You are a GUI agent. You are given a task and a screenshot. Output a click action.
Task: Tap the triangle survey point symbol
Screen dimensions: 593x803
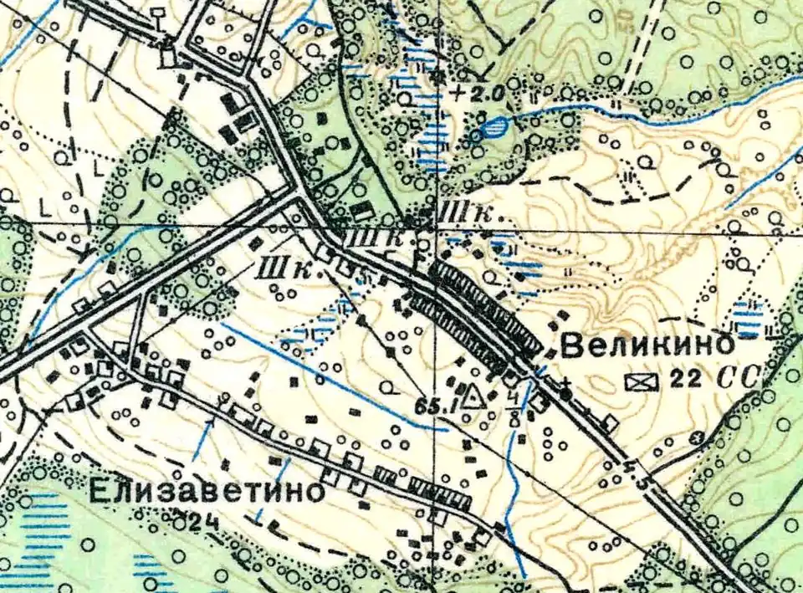click(x=474, y=394)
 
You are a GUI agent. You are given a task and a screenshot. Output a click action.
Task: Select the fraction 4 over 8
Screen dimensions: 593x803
click(x=513, y=404)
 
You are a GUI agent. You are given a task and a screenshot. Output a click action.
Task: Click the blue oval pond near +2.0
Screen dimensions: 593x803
click(x=494, y=127)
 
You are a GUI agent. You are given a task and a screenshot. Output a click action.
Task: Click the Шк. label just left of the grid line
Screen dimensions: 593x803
click(x=393, y=238)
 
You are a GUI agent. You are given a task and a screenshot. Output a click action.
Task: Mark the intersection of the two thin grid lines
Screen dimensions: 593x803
click(x=435, y=224)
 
